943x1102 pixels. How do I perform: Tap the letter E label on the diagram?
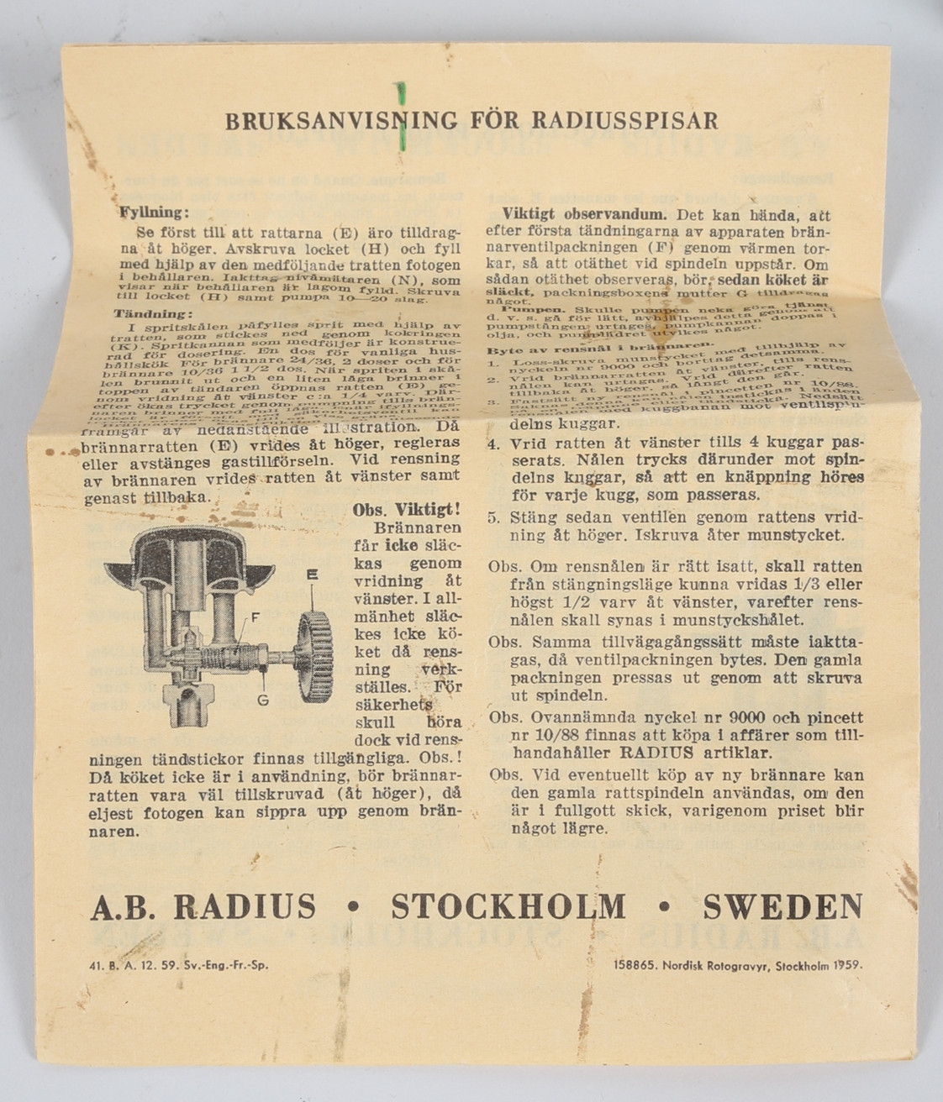click(x=312, y=575)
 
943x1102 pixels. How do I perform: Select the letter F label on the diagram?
click(x=255, y=617)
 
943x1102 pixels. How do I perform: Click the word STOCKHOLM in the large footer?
click(x=508, y=907)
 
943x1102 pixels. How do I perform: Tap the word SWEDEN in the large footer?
click(x=782, y=907)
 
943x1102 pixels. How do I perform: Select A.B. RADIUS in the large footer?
click(x=203, y=907)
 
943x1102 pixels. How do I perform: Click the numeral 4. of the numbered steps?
click(x=496, y=443)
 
